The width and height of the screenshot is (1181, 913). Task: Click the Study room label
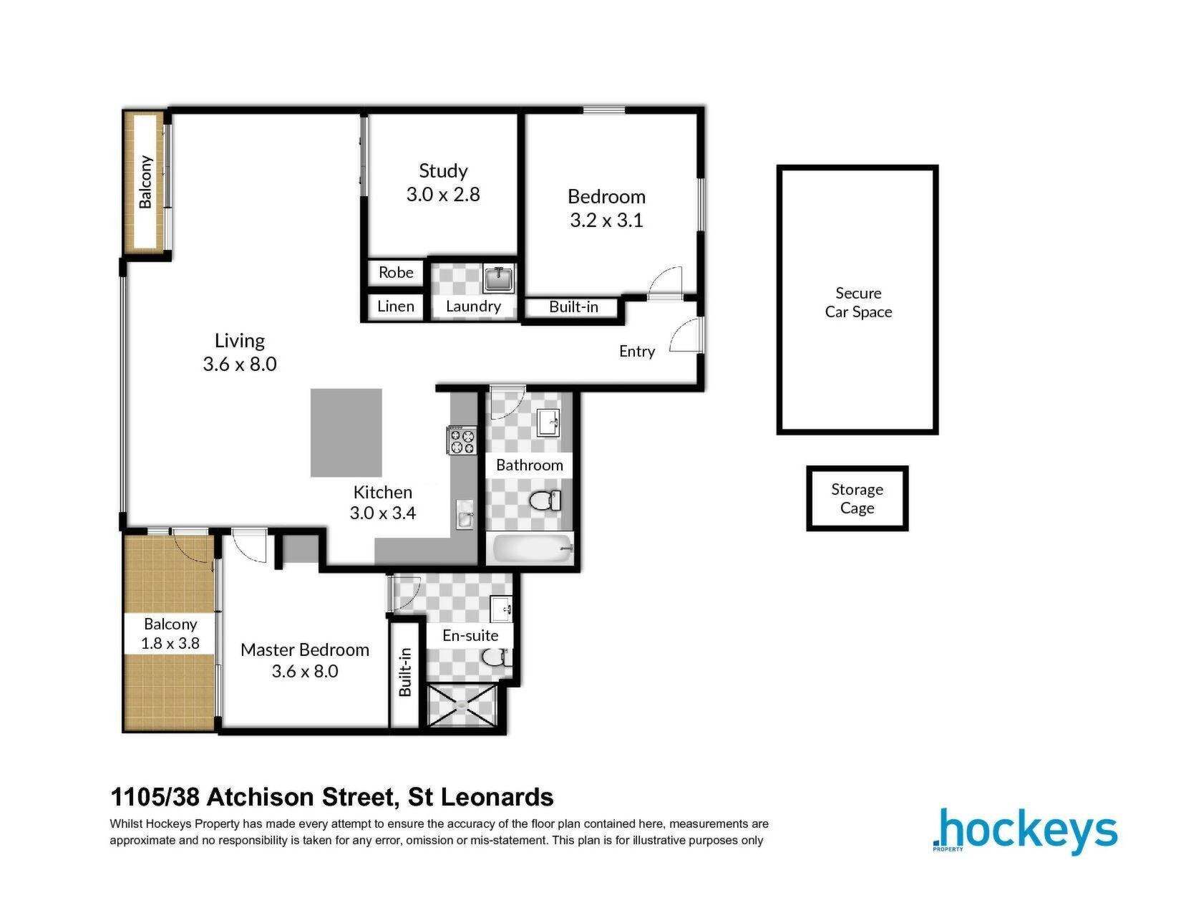pyautogui.click(x=443, y=170)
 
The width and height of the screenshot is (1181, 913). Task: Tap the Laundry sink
pyautogui.click(x=498, y=279)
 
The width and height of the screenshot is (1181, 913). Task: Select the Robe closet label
pyautogui.click(x=396, y=272)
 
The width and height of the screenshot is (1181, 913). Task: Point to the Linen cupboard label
pyautogui.click(x=396, y=306)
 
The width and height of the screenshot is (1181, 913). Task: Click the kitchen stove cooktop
pyautogui.click(x=462, y=440)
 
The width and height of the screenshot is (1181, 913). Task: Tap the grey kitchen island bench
pyautogui.click(x=346, y=433)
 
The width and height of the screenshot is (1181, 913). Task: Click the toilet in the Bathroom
pyautogui.click(x=545, y=501)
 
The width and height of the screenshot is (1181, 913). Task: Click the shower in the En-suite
pyautogui.click(x=462, y=705)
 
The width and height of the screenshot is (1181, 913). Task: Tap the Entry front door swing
pyautogui.click(x=684, y=336)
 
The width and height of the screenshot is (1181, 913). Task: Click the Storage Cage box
pyautogui.click(x=857, y=498)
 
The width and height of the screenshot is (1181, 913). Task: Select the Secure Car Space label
pyautogui.click(x=858, y=302)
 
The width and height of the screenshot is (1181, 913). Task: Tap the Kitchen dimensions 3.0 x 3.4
pyautogui.click(x=383, y=513)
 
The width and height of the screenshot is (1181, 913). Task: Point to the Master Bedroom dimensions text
pyautogui.click(x=305, y=671)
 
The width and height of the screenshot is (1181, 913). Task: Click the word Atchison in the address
pyautogui.click(x=261, y=797)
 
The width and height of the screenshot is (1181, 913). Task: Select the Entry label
pyautogui.click(x=637, y=352)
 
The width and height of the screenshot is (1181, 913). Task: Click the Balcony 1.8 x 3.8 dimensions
pyautogui.click(x=170, y=643)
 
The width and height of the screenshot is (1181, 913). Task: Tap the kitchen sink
pyautogui.click(x=465, y=514)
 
